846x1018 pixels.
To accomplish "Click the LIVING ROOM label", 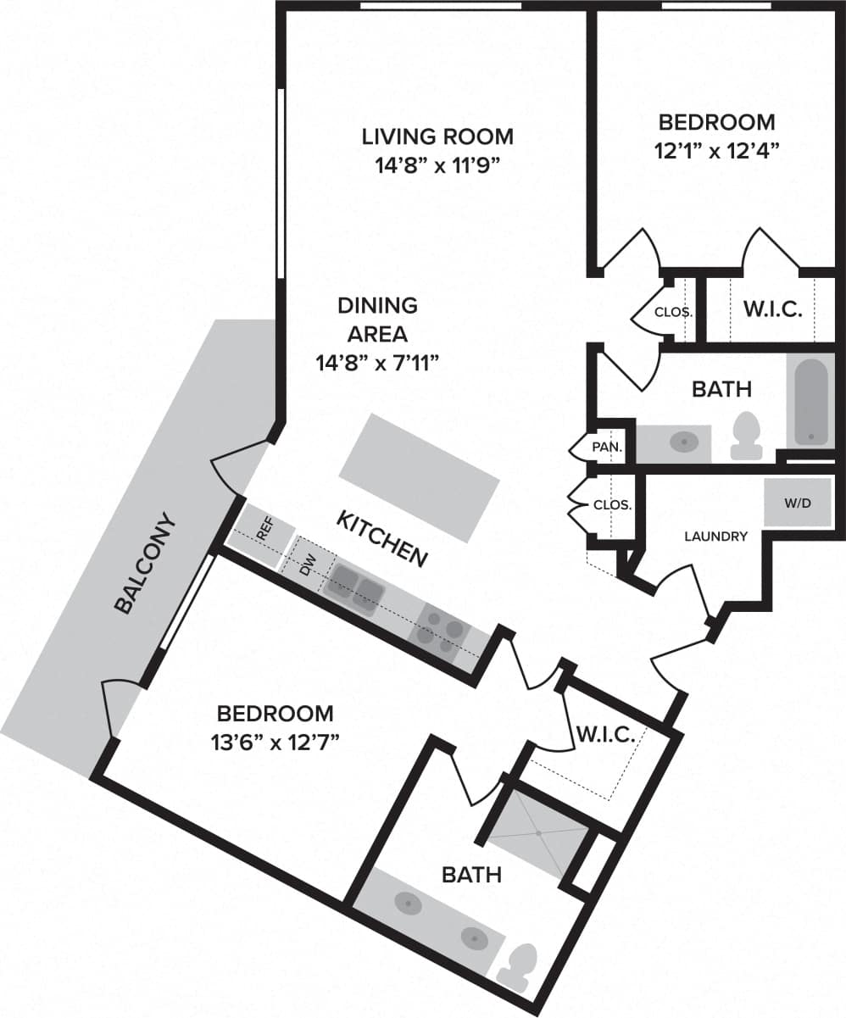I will pos(437,136).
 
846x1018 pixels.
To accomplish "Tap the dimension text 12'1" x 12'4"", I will pos(715,150).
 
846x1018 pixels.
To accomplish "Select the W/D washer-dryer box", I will pos(797,503).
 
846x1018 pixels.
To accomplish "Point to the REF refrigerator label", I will pos(264,531).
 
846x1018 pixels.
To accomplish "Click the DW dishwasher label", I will pos(308,565).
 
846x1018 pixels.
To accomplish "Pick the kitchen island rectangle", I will pos(419,478).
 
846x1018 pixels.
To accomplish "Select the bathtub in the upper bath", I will pos(810,400).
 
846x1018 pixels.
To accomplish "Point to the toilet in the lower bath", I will pos(518,966).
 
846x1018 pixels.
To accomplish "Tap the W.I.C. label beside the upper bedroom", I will pos(772,309).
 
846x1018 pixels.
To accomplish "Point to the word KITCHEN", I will pos(381,538).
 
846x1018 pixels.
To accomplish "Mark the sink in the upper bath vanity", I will pos(683,442).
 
